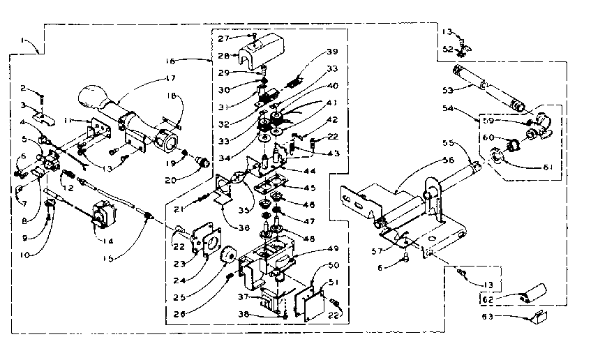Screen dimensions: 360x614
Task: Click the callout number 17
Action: click(x=170, y=77)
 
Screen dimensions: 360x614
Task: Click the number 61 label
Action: click(x=530, y=167)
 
